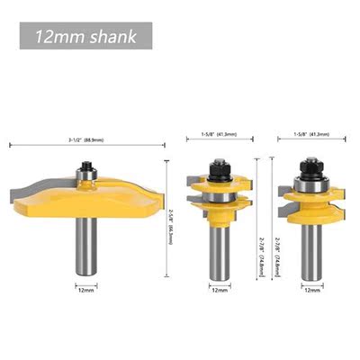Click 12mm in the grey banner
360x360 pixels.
(56, 39)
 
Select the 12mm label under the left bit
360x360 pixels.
(85, 290)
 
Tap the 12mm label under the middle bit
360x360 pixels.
(219, 291)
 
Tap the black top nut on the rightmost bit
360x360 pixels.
(310, 165)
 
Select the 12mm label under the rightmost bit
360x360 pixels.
(310, 291)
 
